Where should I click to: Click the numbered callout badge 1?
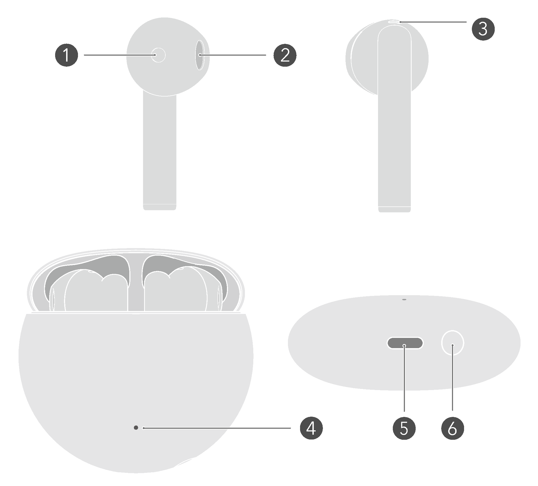[66, 55]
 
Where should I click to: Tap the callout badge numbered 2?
[285, 55]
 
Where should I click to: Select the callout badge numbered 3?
[483, 29]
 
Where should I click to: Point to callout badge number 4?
[311, 428]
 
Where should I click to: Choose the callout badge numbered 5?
[404, 428]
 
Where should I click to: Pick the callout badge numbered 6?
[453, 428]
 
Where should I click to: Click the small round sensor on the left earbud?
[158, 55]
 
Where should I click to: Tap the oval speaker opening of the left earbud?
[199, 55]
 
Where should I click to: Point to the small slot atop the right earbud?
[394, 22]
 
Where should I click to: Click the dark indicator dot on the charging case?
[136, 428]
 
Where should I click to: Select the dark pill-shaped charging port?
[405, 343]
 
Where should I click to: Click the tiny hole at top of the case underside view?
[404, 299]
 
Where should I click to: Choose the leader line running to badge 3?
[433, 22]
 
